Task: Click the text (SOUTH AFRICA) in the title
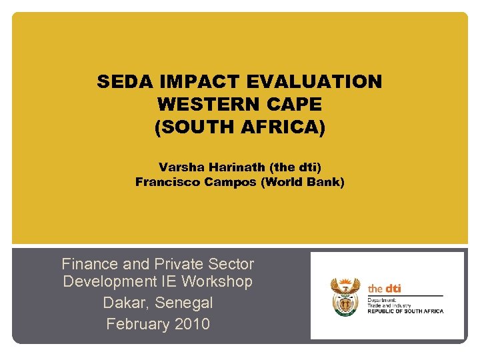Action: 240,127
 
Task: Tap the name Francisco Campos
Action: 195,181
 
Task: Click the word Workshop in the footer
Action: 217,281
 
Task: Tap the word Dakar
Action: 126,303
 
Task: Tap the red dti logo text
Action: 385,289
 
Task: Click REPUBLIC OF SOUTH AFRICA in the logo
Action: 405,311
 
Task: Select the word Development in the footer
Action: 111,281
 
